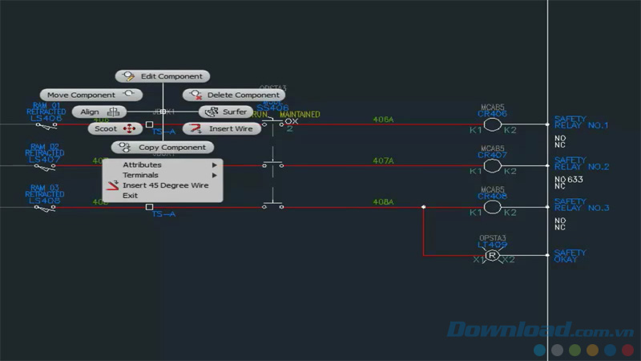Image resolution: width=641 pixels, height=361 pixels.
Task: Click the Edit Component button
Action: point(163,76)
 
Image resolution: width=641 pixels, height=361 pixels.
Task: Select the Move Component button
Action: point(86,95)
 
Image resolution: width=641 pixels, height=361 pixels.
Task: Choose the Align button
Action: point(99,112)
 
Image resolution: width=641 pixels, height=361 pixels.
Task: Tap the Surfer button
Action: point(226,112)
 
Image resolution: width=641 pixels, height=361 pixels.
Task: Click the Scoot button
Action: point(115,128)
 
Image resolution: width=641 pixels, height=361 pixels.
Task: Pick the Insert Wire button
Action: point(222,128)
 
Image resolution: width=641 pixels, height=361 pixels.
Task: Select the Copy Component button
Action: point(163,148)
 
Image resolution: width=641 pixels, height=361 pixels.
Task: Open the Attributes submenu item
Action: point(143,165)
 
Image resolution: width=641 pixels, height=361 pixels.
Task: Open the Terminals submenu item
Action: point(141,175)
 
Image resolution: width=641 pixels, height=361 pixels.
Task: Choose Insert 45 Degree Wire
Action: point(165,185)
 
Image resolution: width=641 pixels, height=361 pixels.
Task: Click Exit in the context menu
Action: point(131,195)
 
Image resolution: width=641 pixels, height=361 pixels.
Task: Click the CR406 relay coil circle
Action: point(492,124)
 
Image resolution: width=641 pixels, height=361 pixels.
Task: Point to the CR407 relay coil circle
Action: point(492,166)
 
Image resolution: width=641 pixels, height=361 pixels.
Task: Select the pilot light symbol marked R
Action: point(492,256)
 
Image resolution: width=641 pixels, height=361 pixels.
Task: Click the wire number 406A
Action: point(383,120)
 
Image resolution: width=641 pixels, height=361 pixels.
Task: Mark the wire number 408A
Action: point(383,202)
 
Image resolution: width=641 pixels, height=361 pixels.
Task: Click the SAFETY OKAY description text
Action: point(570,256)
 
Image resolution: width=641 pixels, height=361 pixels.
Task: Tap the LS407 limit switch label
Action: point(44,159)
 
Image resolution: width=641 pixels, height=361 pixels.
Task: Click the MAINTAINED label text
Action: point(300,115)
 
